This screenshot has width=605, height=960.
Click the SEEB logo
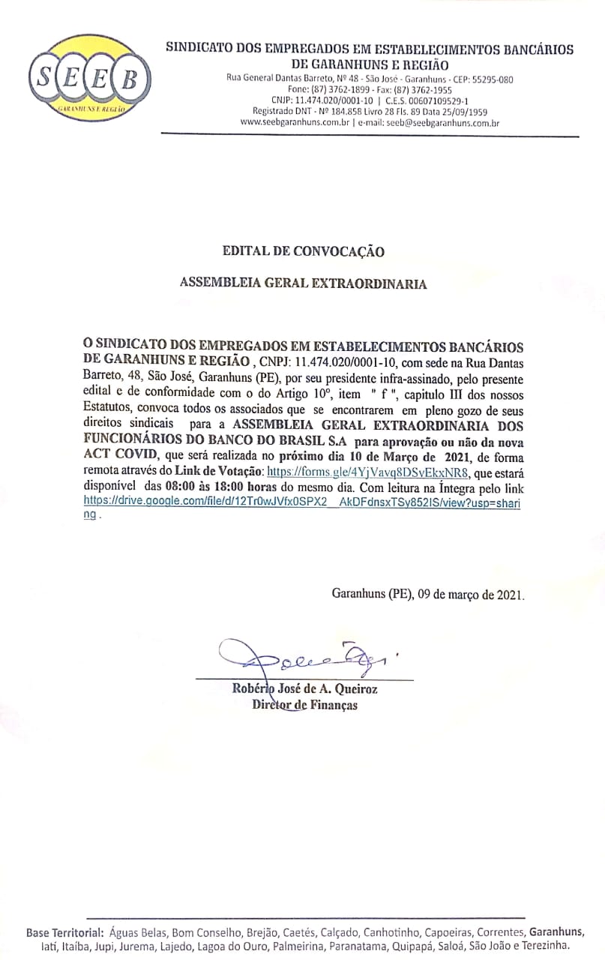pyautogui.click(x=89, y=79)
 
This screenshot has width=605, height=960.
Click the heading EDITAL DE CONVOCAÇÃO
pyautogui.click(x=303, y=251)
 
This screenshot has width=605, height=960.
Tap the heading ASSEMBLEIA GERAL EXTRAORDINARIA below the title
pyautogui.click(x=303, y=284)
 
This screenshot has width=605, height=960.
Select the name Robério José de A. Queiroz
pyautogui.click(x=304, y=689)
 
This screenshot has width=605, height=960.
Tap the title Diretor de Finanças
pyautogui.click(x=304, y=705)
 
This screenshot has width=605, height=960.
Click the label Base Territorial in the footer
pyautogui.click(x=64, y=933)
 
